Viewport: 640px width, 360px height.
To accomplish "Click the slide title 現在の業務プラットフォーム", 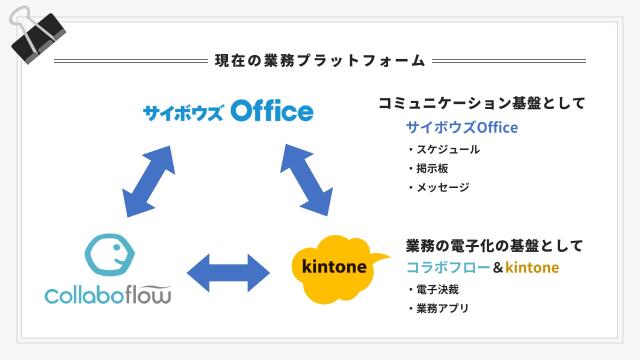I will pyautogui.click(x=320, y=61).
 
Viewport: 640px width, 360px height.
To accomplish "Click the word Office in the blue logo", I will pyautogui.click(x=271, y=111).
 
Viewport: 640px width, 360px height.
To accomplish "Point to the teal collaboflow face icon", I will pyautogui.click(x=110, y=256).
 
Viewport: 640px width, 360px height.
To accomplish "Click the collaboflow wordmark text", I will pyautogui.click(x=108, y=295).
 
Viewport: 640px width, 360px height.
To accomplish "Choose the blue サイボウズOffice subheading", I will pyautogui.click(x=461, y=128).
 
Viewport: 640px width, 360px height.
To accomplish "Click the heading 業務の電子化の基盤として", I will pyautogui.click(x=494, y=245).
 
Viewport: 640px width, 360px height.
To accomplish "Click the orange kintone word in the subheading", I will pyautogui.click(x=531, y=268).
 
